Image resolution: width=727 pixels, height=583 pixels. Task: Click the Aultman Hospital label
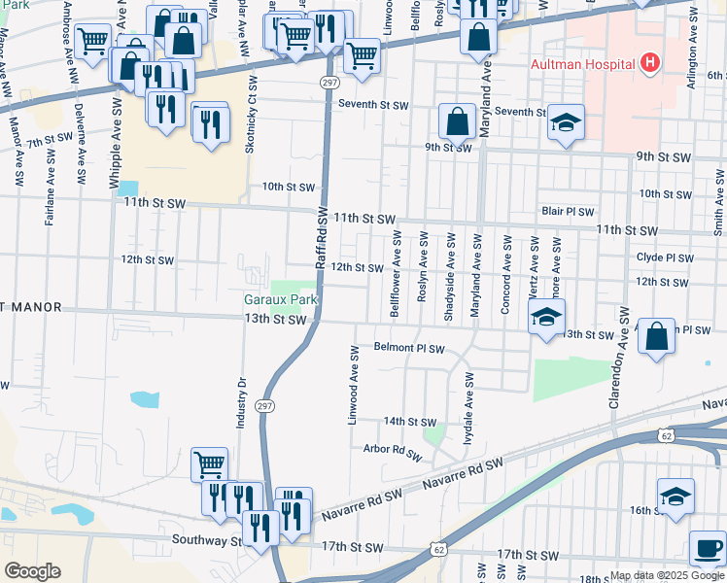pyautogui.click(x=582, y=64)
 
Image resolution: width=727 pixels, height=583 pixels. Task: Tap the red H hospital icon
pyautogui.click(x=651, y=64)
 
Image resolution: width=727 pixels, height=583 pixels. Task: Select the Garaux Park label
pyautogui.click(x=281, y=300)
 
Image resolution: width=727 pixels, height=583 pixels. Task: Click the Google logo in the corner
pyautogui.click(x=32, y=571)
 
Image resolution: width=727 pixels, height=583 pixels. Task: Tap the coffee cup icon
pyautogui.click(x=707, y=548)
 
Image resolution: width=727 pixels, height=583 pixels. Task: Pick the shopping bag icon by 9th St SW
pyautogui.click(x=456, y=122)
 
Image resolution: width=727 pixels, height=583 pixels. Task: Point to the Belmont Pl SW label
pyautogui.click(x=409, y=349)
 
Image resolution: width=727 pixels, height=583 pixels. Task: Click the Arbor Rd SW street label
pyautogui.click(x=394, y=451)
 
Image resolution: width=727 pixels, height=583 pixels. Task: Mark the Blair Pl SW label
pyautogui.click(x=568, y=210)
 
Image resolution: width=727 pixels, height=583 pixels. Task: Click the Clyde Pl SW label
pyautogui.click(x=666, y=258)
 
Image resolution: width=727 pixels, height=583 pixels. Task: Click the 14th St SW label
pyautogui.click(x=409, y=422)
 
